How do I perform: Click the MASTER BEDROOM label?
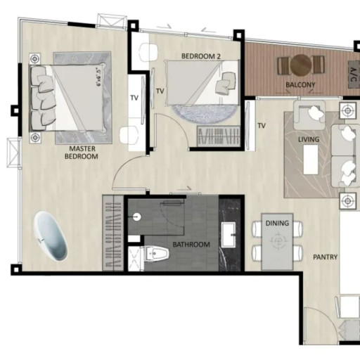pyautogui.click(x=82, y=152)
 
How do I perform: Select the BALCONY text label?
pyautogui.click(x=300, y=85)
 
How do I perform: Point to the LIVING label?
pyautogui.click(x=309, y=139)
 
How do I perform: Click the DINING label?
pyautogui.click(x=277, y=223)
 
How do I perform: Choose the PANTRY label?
pyautogui.click(x=326, y=257)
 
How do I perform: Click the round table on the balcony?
pyautogui.click(x=301, y=65)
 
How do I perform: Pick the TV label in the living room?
pyautogui.click(x=262, y=126)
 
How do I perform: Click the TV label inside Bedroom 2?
pyautogui.click(x=160, y=91)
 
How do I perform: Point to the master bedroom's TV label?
pyautogui.click(x=134, y=98)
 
